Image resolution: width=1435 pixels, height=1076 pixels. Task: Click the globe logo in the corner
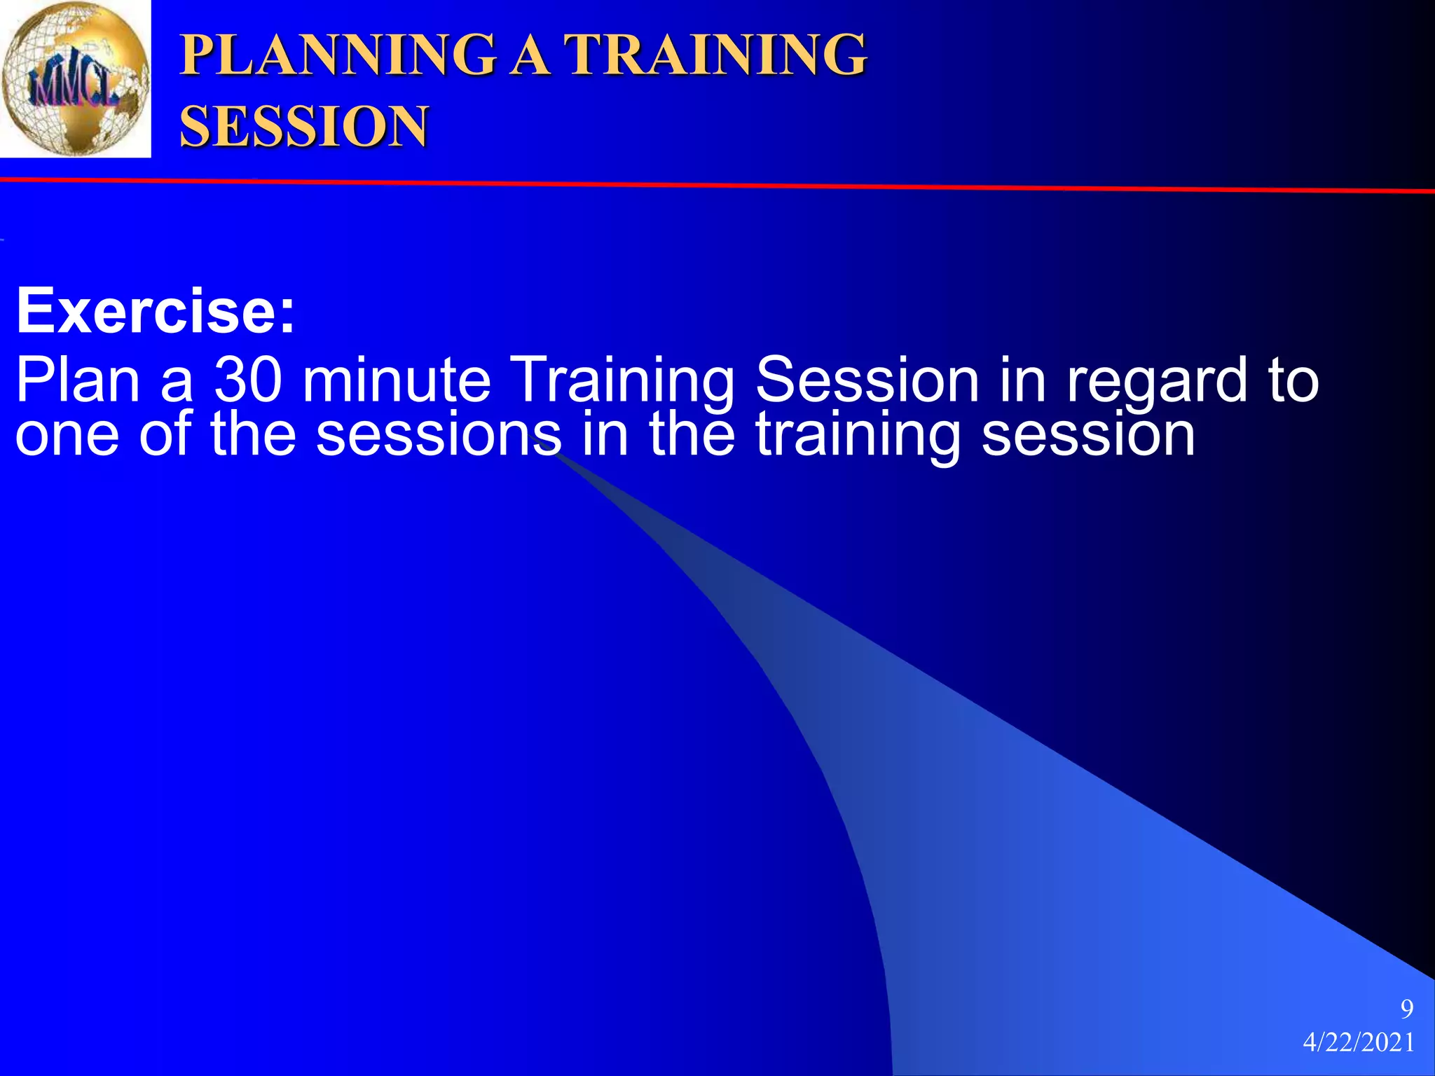pos(75,78)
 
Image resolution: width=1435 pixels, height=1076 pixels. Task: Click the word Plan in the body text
pos(78,380)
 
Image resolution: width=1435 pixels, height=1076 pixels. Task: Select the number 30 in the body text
pos(248,380)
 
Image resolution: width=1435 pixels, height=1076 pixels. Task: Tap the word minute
pos(397,380)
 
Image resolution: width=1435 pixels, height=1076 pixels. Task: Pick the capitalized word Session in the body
pos(867,380)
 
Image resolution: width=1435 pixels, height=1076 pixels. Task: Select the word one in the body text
pos(67,436)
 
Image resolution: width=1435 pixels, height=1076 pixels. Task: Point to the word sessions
pos(439,436)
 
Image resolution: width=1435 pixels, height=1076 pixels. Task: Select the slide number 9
pos(1406,1009)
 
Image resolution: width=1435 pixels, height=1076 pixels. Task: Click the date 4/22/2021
pos(1359,1042)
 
